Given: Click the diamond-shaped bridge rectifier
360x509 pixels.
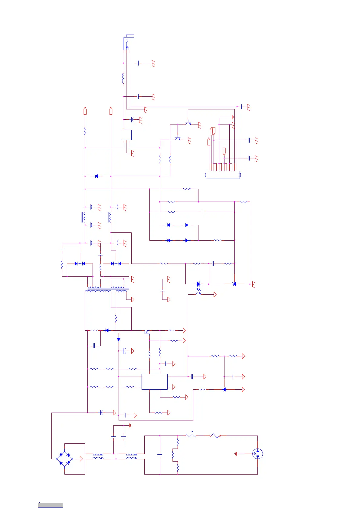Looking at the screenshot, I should tap(64, 459).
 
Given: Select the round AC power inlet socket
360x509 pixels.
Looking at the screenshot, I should tap(257, 454).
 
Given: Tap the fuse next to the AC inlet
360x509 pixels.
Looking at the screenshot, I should tap(215, 436).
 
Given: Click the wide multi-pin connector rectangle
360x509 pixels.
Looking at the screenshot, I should tap(223, 175).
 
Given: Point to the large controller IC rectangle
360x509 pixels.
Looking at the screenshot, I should tap(154, 381).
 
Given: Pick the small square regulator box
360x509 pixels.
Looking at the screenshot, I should tap(126, 135).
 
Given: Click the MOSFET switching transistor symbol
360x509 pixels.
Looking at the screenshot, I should tap(147, 332).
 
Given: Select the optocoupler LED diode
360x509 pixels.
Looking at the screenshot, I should tap(198, 284).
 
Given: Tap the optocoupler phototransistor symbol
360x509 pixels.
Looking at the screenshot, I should tap(198, 292).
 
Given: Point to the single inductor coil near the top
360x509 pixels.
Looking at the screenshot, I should tap(123, 78).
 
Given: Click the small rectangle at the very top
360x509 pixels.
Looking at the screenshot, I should tap(130, 36).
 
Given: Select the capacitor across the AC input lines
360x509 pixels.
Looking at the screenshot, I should tap(160, 455).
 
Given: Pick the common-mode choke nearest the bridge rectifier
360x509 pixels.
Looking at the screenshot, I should tap(98, 456).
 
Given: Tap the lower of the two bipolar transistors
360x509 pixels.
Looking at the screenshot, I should tap(178, 139).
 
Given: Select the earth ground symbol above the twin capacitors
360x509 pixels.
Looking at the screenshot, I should tap(130, 426).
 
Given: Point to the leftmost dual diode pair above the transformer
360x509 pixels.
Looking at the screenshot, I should tap(80, 264).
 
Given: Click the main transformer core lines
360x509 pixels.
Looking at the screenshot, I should tap(107, 289).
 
